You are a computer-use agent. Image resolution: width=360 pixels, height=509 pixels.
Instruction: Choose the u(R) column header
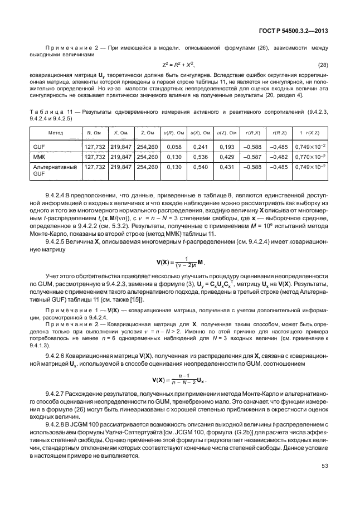click(173, 132)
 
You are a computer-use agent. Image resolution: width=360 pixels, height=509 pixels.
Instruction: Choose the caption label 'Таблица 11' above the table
click(53, 113)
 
